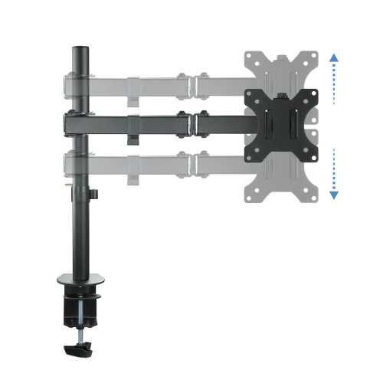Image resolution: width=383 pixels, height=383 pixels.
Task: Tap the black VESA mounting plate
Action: click(280, 125)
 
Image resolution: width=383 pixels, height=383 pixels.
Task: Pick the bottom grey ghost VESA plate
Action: click(280, 182)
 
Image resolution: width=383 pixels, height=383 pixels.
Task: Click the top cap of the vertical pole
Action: click(77, 50)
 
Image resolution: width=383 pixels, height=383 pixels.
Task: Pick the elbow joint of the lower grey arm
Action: click(192, 162)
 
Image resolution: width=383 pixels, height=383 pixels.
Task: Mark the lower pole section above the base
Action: click(78, 237)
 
